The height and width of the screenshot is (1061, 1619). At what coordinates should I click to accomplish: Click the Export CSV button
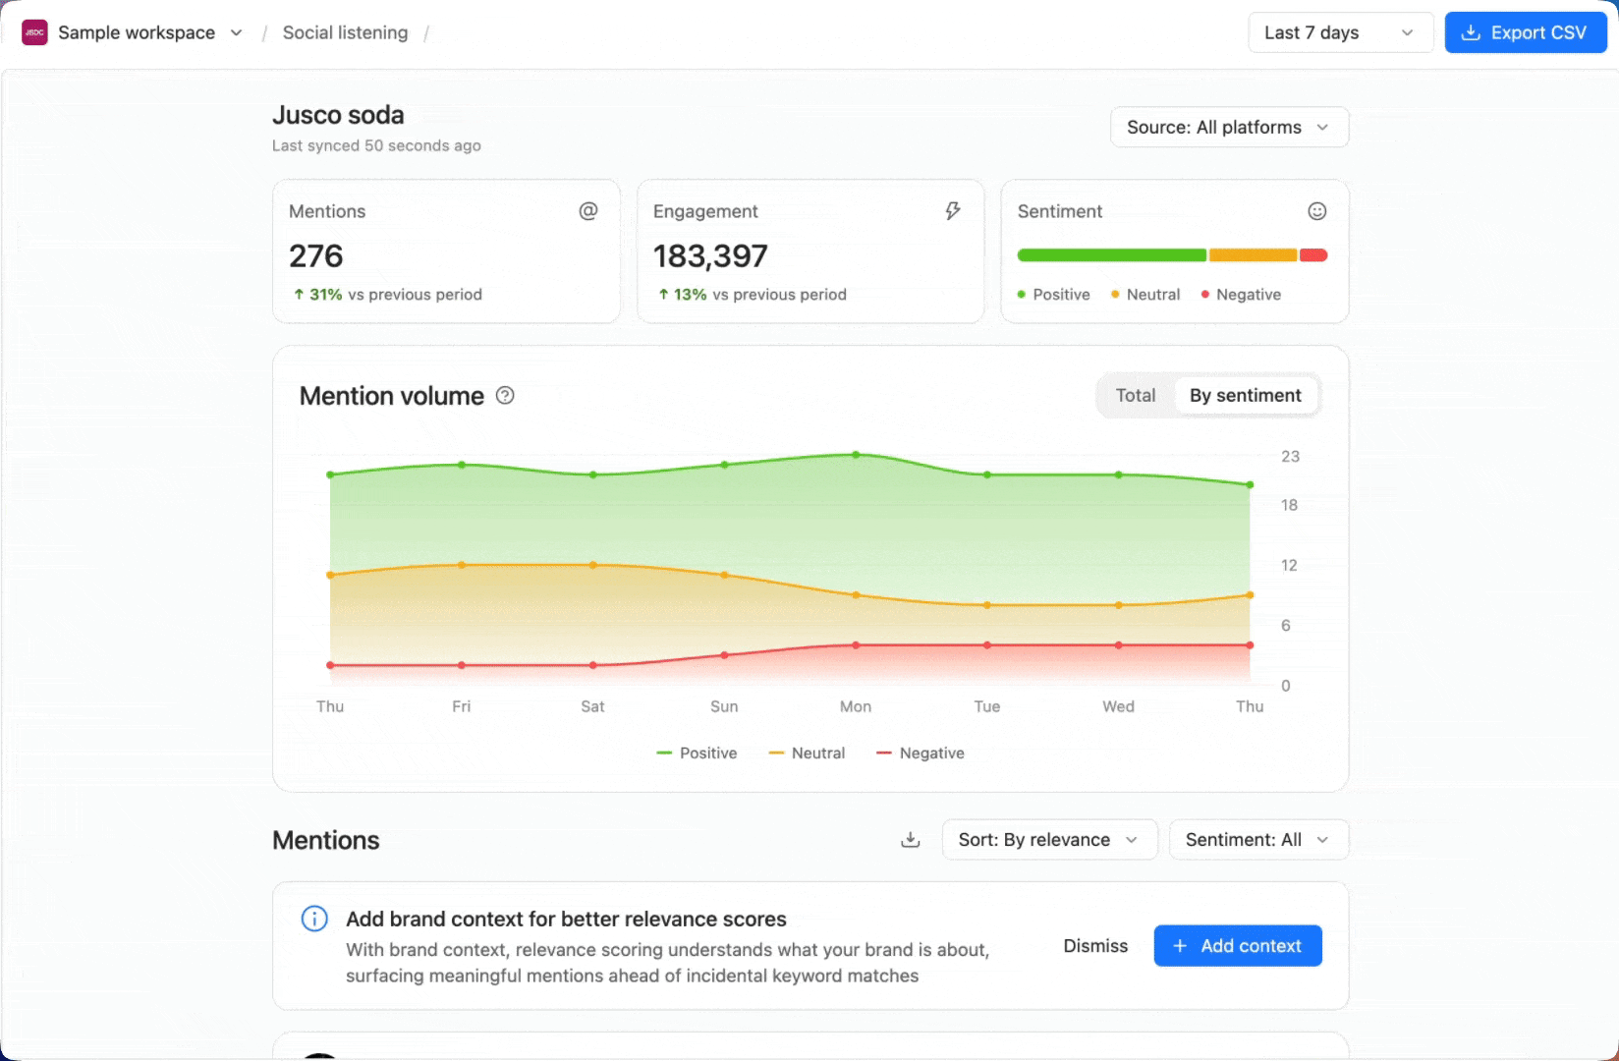tap(1526, 32)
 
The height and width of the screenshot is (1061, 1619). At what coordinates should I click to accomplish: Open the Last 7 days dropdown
tap(1341, 32)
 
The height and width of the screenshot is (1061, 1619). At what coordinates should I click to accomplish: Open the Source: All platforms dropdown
tap(1229, 127)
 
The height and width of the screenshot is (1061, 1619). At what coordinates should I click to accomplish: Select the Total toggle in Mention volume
tap(1136, 395)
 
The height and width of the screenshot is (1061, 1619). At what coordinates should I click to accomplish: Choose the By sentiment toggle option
tap(1246, 395)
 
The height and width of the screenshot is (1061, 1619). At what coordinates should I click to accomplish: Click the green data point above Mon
tap(856, 455)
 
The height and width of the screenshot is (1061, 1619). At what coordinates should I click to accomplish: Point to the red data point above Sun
tap(724, 655)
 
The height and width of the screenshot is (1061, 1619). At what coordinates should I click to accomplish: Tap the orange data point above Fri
tap(462, 565)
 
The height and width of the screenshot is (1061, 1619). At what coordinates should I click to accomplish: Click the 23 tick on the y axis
tap(1290, 456)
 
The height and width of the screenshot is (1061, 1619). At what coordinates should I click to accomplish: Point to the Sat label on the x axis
tap(592, 706)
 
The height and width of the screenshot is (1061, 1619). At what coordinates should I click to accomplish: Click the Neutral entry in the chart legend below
tap(807, 754)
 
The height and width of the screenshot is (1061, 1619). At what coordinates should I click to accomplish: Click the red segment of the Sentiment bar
tap(1313, 255)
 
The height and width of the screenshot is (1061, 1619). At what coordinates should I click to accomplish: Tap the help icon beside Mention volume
tap(505, 395)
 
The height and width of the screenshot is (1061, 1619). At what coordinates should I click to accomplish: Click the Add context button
tap(1238, 945)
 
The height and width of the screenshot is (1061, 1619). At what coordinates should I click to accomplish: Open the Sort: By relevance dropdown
tap(1049, 839)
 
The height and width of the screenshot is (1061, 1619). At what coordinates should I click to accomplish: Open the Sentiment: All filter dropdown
tap(1259, 839)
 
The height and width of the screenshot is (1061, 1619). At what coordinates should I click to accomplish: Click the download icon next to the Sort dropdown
tap(911, 839)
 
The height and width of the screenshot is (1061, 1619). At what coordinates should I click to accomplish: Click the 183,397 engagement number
tap(710, 255)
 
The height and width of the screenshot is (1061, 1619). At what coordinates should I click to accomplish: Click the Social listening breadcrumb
tap(346, 32)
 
